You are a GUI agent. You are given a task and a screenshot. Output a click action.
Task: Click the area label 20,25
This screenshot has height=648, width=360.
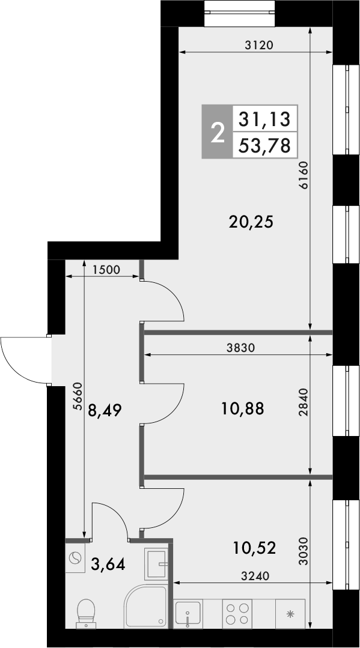(x=251, y=222)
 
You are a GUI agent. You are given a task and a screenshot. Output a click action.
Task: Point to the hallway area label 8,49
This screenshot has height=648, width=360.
(x=105, y=411)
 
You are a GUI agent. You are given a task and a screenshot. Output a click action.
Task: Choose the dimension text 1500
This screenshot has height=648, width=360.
(x=108, y=270)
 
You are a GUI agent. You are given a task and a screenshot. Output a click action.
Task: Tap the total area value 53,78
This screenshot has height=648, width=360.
(x=265, y=145)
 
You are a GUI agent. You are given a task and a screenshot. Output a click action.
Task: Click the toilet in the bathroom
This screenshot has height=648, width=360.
(x=86, y=612)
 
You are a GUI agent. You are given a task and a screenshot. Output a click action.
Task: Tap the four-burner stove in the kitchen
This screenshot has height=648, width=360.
(x=236, y=613)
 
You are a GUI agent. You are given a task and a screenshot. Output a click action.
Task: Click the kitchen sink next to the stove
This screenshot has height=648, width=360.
(x=189, y=613)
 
